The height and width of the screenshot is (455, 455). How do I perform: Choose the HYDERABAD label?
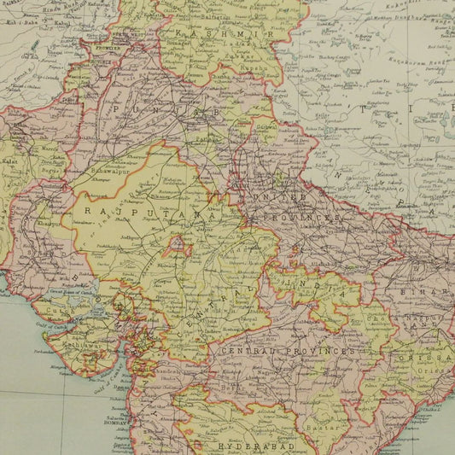pyautogui.click(x=244, y=446)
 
